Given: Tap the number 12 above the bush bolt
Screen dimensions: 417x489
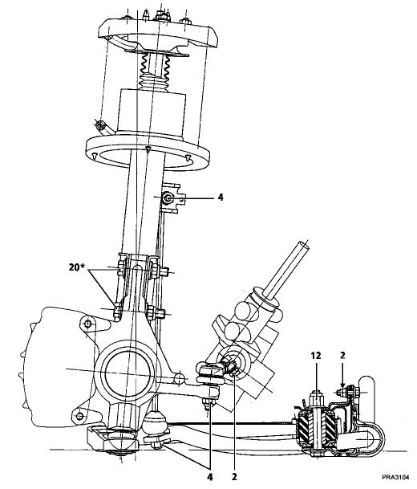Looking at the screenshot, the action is [316, 356].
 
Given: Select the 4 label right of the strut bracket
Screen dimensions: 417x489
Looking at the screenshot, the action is [221, 197].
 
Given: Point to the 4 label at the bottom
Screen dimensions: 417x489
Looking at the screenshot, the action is [210, 477].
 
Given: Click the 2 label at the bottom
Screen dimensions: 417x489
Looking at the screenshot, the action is [234, 477].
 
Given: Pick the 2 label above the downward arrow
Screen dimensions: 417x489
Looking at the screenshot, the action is [342, 356].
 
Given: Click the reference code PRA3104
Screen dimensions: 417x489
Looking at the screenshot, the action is [395, 477].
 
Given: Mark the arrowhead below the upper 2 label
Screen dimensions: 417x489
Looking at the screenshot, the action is [342, 385].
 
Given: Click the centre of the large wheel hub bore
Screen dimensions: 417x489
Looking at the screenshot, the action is [129, 373].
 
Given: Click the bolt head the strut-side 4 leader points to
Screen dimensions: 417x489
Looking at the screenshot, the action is [168, 198].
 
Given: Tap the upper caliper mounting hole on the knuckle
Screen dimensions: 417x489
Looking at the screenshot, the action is [88, 324].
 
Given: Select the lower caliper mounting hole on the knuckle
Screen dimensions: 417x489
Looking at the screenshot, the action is [80, 416].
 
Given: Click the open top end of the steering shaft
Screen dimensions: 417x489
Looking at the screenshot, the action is [303, 246].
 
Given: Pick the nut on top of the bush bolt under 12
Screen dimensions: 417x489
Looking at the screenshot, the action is [316, 398].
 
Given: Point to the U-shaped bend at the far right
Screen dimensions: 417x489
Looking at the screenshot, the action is [379, 438].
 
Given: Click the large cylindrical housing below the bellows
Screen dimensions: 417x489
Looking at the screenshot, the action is [152, 113].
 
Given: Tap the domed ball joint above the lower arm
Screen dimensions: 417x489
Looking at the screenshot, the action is [155, 422].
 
